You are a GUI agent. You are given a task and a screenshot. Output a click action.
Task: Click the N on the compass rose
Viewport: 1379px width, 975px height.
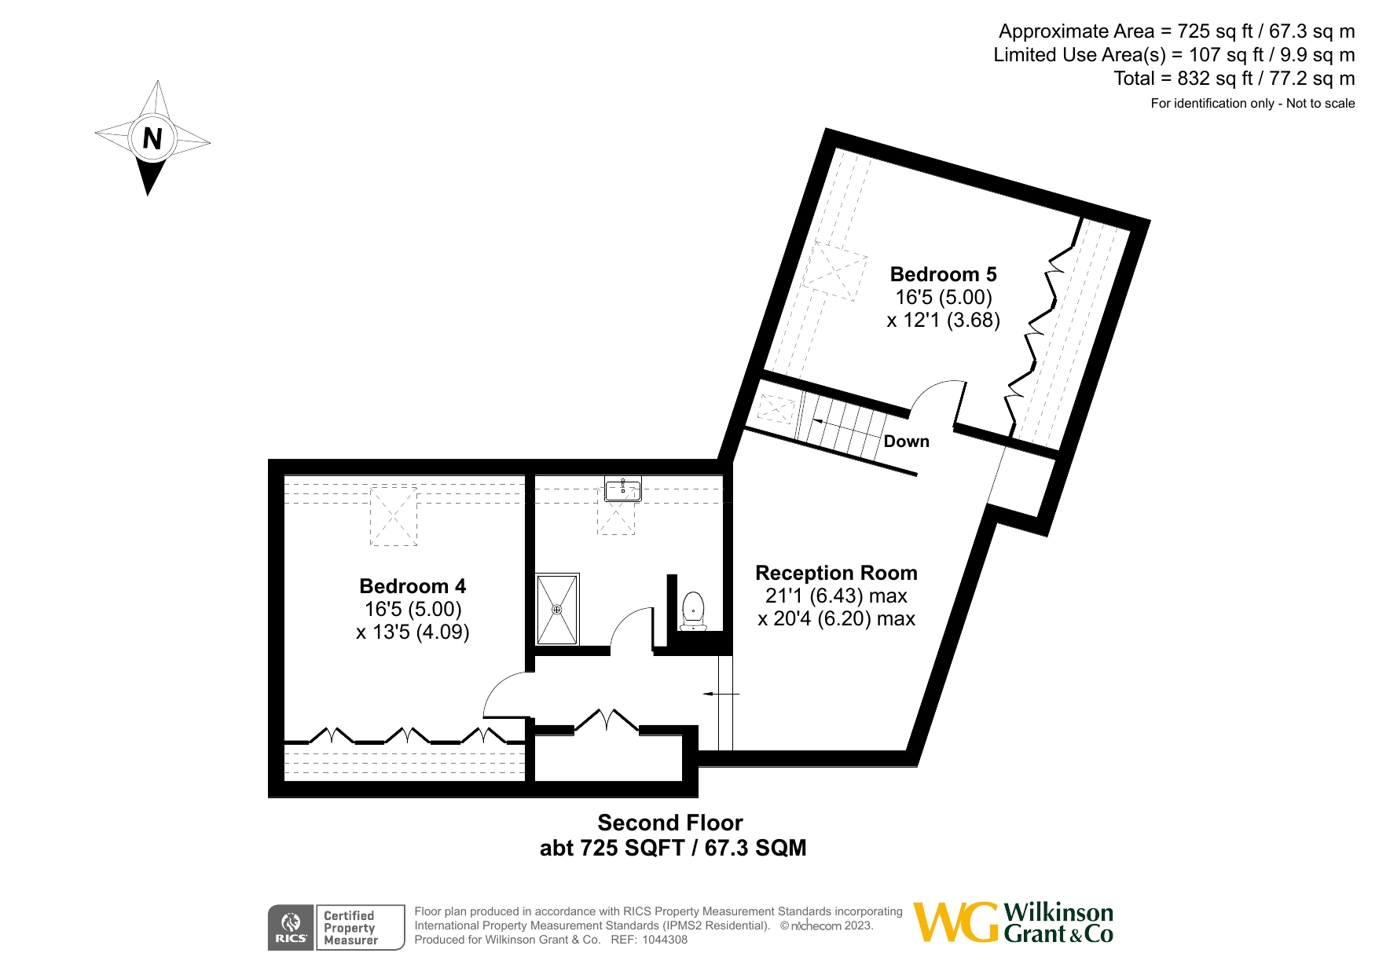point(152,139)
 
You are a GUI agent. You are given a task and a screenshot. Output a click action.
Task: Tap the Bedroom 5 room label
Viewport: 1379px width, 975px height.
point(943,274)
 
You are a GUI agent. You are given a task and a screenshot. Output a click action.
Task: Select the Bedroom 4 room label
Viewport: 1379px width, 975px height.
point(413,586)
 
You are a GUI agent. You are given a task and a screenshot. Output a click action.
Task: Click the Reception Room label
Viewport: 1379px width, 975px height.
point(836,573)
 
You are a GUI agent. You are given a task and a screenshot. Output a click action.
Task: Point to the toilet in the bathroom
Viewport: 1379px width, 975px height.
point(693,611)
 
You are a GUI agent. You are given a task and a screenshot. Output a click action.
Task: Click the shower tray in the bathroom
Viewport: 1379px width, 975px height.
point(558,610)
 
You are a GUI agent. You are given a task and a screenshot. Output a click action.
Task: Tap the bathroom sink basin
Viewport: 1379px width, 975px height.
point(623,489)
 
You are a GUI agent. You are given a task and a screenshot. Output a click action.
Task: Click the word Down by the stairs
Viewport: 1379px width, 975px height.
point(907,442)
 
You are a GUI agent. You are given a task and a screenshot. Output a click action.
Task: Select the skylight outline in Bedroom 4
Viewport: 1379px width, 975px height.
point(393,516)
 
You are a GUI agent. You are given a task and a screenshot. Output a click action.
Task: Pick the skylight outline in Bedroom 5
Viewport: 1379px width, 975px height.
point(834,270)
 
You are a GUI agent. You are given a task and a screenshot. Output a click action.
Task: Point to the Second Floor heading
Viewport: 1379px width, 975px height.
point(670,823)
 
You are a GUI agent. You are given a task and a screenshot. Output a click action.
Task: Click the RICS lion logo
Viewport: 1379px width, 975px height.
point(291,928)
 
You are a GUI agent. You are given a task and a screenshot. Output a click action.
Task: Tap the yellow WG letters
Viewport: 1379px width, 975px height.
point(957,922)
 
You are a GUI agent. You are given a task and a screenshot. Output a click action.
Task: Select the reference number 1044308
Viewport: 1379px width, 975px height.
point(665,940)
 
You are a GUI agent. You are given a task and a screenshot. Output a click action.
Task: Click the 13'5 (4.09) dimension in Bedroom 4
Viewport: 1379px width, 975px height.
point(413,632)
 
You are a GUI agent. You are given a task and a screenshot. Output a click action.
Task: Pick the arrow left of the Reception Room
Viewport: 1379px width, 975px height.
point(721,695)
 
